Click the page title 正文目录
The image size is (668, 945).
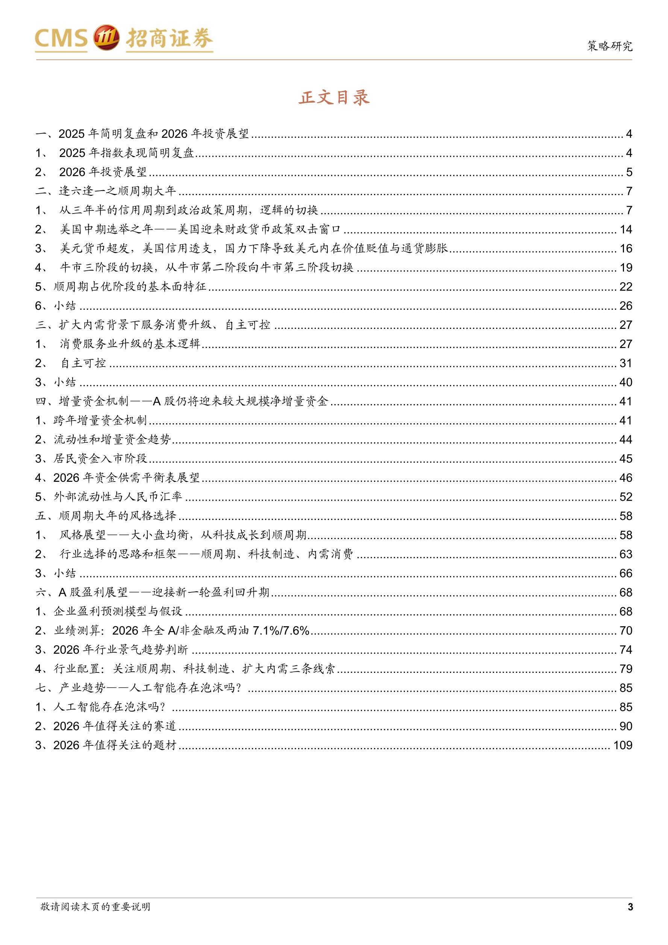click(334, 98)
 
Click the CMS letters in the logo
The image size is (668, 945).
click(61, 38)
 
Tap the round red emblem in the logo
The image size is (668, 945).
click(106, 38)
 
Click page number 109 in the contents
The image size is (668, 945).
click(622, 745)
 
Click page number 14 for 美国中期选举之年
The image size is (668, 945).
click(626, 229)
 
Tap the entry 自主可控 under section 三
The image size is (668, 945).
click(83, 363)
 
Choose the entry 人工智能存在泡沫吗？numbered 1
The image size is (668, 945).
click(109, 707)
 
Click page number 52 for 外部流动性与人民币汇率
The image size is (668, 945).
click(626, 497)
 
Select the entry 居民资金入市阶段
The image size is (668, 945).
click(100, 459)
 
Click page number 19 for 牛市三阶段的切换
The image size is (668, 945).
click(626, 268)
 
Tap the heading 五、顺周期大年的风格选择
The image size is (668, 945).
click(106, 516)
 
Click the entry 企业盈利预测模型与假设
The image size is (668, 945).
click(118, 611)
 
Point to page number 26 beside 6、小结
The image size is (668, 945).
click(626, 306)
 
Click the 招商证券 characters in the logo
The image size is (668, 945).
click(169, 38)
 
